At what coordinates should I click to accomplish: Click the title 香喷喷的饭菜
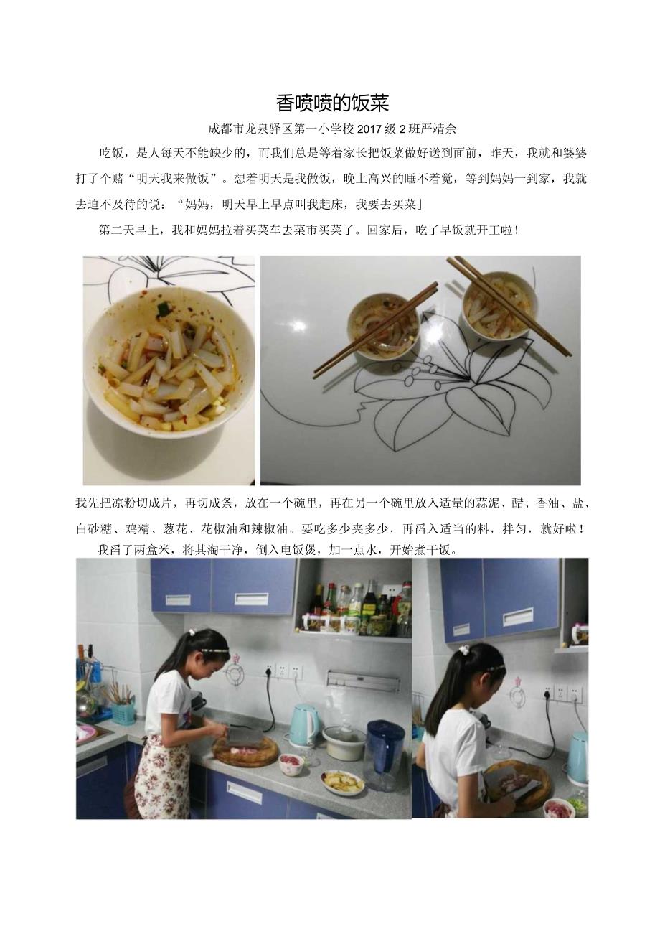point(332,103)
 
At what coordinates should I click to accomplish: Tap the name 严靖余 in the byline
point(439,129)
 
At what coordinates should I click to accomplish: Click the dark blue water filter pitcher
point(385,754)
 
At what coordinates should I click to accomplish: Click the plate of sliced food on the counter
point(342,782)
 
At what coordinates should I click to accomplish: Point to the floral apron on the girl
point(162,776)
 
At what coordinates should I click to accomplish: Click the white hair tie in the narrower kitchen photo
point(464,649)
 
